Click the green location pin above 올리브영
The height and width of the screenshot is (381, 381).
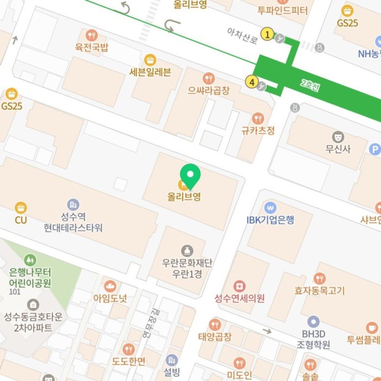[190, 175]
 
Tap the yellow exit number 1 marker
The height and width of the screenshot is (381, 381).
[267, 34]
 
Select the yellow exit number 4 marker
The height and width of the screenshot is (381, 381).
[251, 82]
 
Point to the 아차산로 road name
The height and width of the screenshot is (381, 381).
[242, 36]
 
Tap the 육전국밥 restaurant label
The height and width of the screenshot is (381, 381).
[91, 47]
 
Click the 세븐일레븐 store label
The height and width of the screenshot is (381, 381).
[150, 72]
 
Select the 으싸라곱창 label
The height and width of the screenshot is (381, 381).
[208, 90]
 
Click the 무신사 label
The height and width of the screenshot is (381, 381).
[338, 148]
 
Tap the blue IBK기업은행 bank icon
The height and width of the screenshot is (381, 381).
[270, 207]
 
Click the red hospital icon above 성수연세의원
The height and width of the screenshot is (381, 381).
[239, 286]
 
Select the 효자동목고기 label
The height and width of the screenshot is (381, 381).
[319, 291]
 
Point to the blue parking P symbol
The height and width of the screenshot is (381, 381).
[374, 149]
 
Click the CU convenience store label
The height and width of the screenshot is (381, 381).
[21, 220]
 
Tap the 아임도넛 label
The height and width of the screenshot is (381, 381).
[110, 298]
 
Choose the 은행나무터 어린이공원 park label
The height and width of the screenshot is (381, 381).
[30, 278]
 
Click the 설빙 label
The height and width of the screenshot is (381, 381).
[171, 372]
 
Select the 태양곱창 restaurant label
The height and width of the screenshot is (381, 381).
[215, 336]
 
